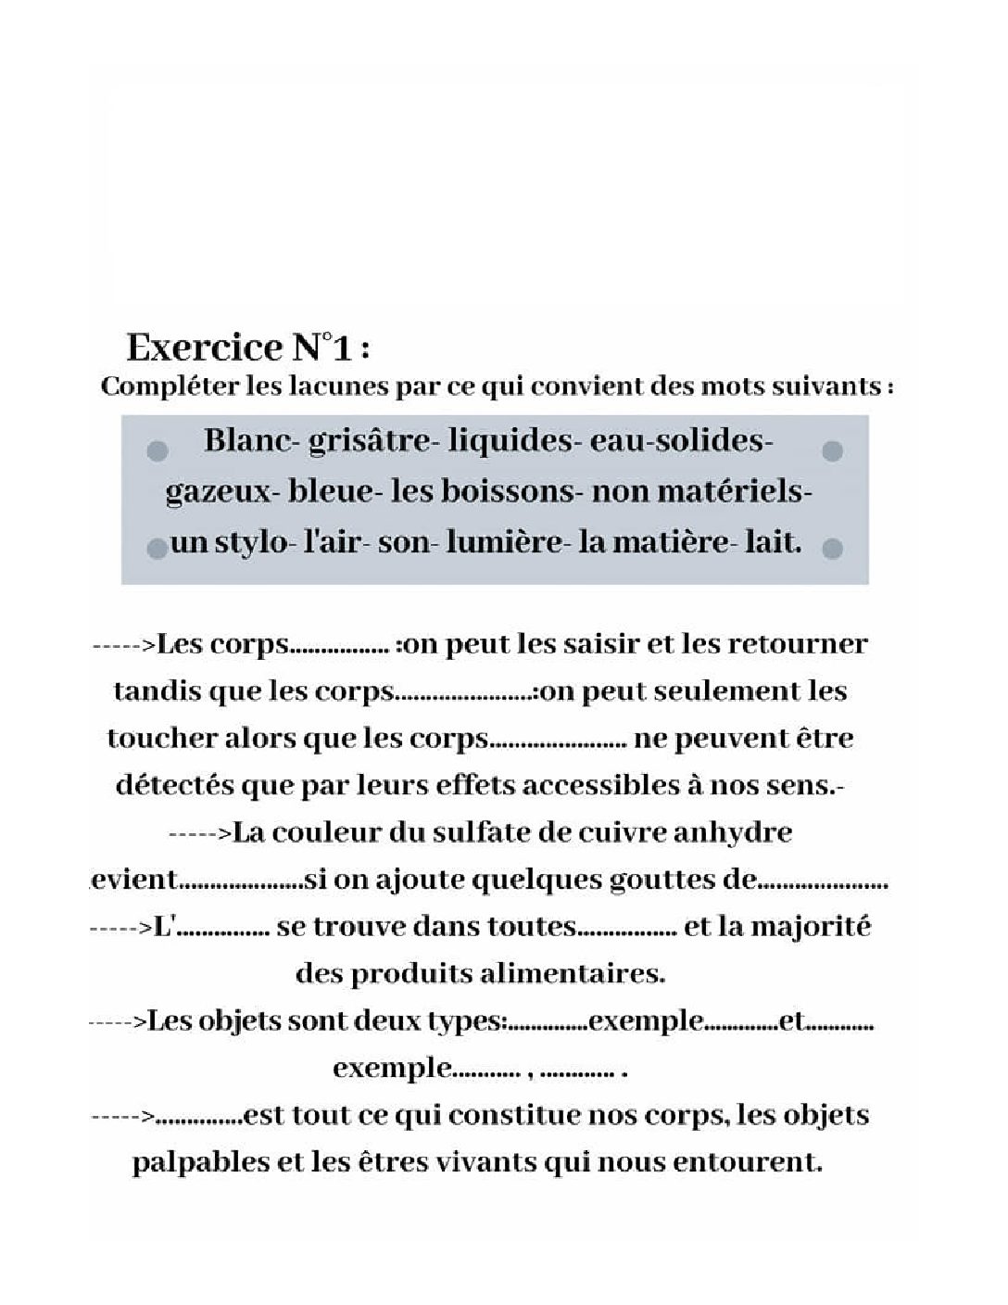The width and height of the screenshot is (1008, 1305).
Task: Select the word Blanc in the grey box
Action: pyautogui.click(x=246, y=440)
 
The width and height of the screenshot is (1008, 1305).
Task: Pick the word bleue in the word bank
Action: pyautogui.click(x=331, y=491)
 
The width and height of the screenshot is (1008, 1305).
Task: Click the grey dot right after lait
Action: pyautogui.click(x=832, y=548)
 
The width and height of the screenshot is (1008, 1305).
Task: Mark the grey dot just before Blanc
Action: pyautogui.click(x=157, y=450)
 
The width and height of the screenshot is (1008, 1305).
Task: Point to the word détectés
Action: pyautogui.click(x=173, y=785)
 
